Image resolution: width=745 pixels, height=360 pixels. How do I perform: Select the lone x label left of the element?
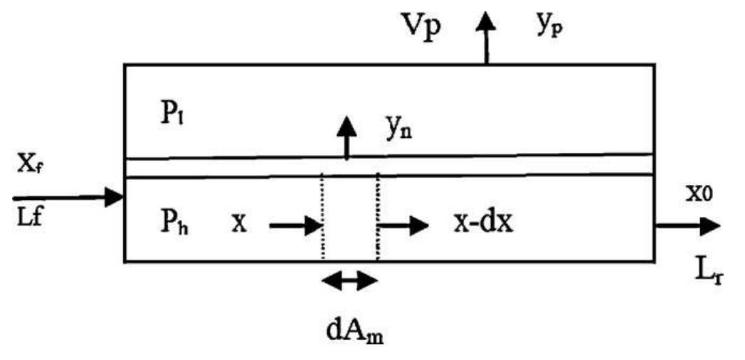(x=238, y=223)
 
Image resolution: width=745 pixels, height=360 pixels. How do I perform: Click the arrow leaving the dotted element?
(x=403, y=226)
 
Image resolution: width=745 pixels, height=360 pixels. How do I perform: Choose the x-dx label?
(x=484, y=223)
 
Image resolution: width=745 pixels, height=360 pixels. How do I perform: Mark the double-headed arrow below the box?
(x=349, y=281)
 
